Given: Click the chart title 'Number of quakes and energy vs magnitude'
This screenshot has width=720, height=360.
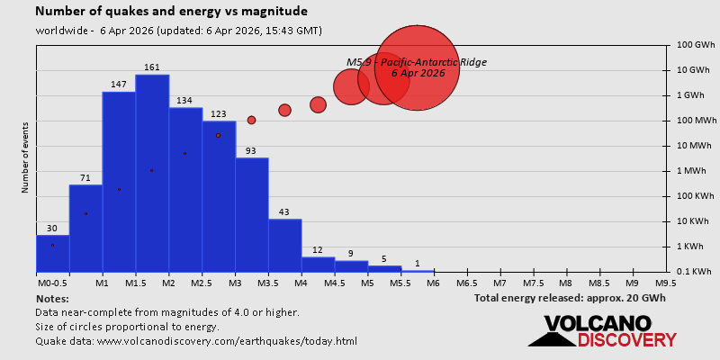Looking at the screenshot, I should (x=171, y=12).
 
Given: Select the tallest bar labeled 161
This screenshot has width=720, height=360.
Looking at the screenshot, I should (x=152, y=171).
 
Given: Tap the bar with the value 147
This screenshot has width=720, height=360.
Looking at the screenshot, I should (x=119, y=180).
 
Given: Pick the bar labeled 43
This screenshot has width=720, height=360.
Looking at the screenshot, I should (x=284, y=245).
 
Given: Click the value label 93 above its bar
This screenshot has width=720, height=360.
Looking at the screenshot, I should (x=251, y=151).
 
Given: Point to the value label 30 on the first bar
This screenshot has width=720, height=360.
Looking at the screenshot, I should (x=52, y=229).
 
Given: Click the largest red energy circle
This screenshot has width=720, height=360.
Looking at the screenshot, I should (x=417, y=67).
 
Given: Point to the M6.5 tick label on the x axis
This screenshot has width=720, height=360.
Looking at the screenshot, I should (x=466, y=283).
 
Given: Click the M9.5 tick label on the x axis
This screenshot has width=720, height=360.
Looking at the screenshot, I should (x=665, y=283).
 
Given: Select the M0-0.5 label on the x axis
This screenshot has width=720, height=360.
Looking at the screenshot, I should (x=51, y=283).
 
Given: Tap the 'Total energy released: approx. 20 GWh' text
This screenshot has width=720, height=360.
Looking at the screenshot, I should (x=570, y=298).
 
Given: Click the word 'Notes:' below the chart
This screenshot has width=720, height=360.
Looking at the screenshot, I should (x=52, y=298).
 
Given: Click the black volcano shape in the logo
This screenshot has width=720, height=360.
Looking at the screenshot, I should (x=552, y=338).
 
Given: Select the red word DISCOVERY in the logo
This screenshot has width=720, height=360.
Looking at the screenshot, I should (x=626, y=339).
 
